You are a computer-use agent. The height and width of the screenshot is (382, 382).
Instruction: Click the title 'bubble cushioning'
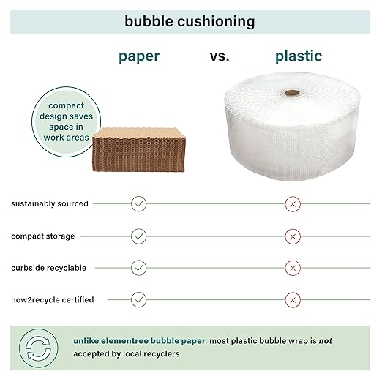click(190, 21)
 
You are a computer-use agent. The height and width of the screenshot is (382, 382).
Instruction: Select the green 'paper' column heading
click(140, 56)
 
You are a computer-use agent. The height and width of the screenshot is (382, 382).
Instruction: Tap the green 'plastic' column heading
click(298, 56)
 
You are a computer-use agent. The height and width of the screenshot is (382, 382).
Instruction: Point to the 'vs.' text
click(219, 56)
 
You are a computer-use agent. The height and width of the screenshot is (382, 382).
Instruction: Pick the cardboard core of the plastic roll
click(293, 94)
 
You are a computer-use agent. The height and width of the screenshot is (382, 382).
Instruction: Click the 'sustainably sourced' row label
click(50, 203)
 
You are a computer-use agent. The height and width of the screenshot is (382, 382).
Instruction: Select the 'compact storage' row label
click(42, 236)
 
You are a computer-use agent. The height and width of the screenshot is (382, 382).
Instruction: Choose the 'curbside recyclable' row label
click(48, 268)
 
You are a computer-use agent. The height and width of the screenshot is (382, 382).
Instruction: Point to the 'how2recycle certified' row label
click(52, 299)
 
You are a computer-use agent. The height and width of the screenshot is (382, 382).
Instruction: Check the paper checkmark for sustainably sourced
click(139, 203)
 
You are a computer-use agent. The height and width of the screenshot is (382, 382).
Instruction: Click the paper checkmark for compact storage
click(139, 236)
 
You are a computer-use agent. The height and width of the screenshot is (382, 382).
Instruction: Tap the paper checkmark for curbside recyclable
click(139, 268)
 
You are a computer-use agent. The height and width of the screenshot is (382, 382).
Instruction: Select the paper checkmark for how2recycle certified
click(139, 299)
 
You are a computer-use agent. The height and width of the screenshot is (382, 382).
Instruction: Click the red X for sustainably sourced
click(293, 203)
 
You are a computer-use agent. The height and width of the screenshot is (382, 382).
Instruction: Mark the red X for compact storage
click(293, 236)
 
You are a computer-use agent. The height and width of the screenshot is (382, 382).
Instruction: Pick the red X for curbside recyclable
click(293, 268)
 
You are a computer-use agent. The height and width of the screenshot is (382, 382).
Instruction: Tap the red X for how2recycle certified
click(293, 299)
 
